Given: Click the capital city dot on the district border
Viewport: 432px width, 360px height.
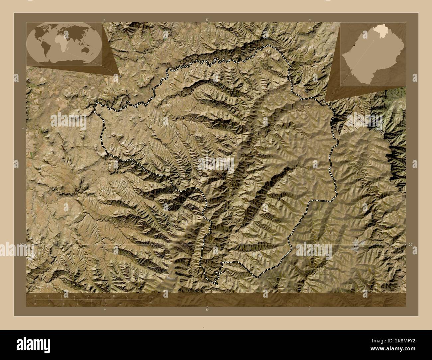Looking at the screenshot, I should (105, 128).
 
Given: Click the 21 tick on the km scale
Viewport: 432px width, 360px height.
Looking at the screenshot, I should (127, 296).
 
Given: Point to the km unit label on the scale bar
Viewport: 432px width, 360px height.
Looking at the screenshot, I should (151, 297).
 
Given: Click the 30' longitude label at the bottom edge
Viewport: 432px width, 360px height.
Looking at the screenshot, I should (207, 309).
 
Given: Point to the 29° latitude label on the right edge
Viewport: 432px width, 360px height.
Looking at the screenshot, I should (410, 245).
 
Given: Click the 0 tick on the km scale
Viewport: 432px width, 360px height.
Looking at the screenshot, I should (35, 296).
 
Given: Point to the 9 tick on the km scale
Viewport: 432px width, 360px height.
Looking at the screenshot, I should (75, 296).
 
